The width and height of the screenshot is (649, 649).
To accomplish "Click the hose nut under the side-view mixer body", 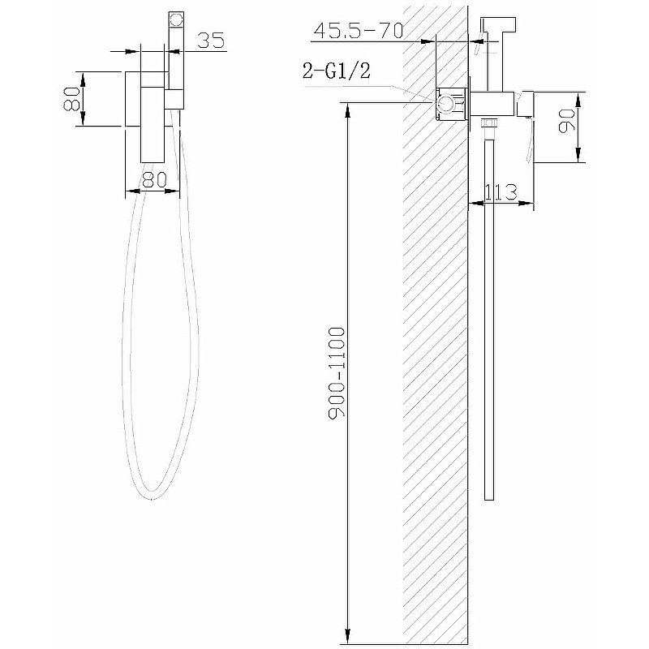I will coord(489,124).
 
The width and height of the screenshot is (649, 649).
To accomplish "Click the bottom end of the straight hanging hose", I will coord(488,496).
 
